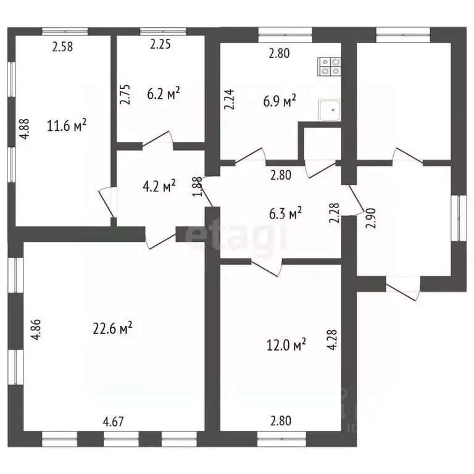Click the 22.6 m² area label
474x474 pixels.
(x=112, y=328)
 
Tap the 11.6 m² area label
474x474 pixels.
(x=67, y=125)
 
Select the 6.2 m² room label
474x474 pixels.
(x=164, y=93)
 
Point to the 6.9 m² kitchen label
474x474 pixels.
(x=280, y=101)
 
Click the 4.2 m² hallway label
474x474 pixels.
(x=159, y=186)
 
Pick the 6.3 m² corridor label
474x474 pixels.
(x=285, y=214)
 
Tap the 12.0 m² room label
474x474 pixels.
(x=286, y=344)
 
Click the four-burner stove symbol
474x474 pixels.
(x=329, y=66)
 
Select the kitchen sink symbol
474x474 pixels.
(x=330, y=110)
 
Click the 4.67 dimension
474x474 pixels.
(x=114, y=422)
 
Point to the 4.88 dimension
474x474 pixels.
(x=25, y=128)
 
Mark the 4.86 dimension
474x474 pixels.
(x=36, y=330)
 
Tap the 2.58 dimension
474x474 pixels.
(x=62, y=47)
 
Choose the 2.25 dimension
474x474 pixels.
(x=160, y=44)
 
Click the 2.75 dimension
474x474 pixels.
(x=125, y=94)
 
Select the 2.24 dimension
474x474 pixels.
(x=229, y=99)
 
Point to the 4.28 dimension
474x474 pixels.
(x=332, y=339)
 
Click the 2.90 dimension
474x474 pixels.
(x=370, y=218)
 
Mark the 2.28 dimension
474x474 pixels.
(x=335, y=213)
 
